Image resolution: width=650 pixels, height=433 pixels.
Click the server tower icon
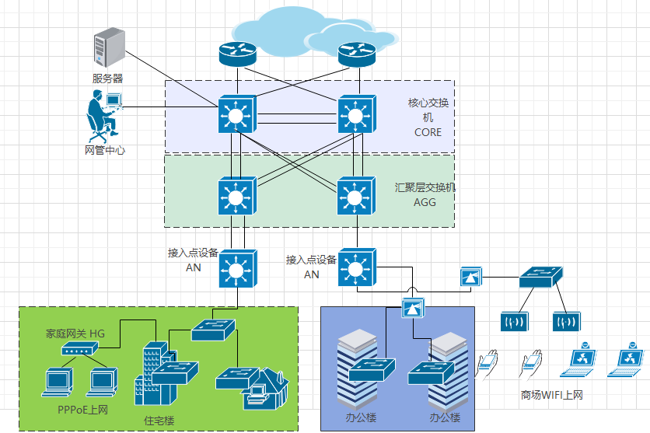point(110,47)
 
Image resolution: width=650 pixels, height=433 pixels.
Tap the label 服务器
point(107,79)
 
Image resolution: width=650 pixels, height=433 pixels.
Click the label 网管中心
point(105,150)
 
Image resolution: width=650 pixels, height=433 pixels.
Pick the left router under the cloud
point(238,54)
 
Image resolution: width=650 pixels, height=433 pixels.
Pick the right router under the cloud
point(357,54)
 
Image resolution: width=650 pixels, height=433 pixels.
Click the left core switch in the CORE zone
point(238,114)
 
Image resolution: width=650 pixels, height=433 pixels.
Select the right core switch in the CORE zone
point(357,114)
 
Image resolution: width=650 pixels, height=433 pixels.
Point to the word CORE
point(428,132)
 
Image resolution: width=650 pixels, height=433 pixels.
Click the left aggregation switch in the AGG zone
point(238,196)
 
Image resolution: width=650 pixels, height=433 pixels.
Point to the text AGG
point(425,202)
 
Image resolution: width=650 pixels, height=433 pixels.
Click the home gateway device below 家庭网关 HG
point(79,348)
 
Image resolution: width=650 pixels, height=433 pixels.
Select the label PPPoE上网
point(82,410)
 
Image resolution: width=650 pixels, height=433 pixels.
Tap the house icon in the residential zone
point(266,389)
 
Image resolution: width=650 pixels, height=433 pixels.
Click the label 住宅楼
point(159,421)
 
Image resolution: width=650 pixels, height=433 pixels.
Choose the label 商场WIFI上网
point(552,395)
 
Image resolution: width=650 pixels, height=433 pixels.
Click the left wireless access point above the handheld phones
point(515,322)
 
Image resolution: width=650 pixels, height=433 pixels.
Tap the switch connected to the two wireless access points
point(541,277)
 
